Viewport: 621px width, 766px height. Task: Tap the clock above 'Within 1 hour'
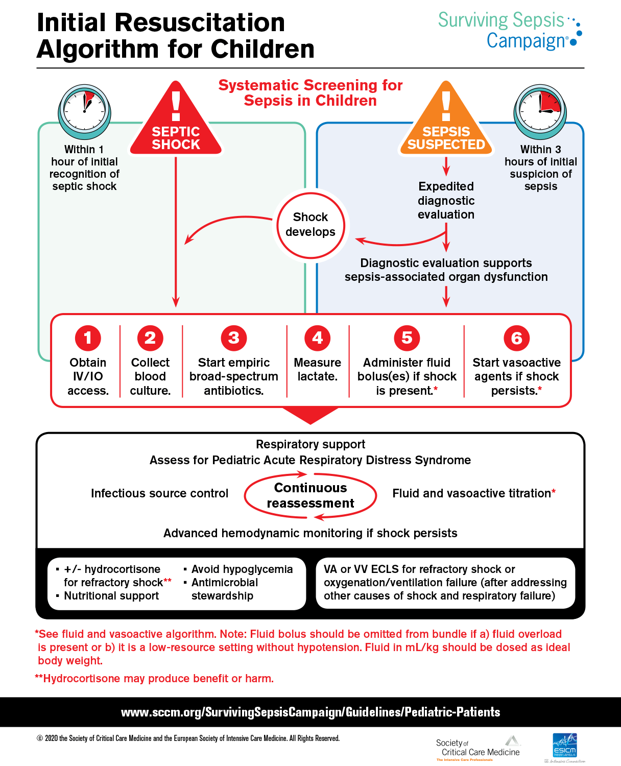(x=84, y=110)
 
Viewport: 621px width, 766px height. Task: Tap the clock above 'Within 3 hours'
(x=540, y=110)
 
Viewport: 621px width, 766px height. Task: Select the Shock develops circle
(x=310, y=225)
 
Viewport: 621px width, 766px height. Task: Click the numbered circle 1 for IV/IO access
(x=88, y=338)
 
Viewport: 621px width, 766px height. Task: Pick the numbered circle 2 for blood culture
(x=150, y=338)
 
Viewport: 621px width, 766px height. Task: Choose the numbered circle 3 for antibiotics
(x=234, y=338)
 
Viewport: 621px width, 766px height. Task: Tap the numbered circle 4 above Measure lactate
(x=318, y=338)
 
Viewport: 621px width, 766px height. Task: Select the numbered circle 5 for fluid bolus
(x=407, y=338)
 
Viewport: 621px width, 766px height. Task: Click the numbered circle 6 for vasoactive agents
(x=516, y=338)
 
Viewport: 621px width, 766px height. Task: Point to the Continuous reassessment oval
(x=310, y=496)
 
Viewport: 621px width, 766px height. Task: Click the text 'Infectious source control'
(x=159, y=493)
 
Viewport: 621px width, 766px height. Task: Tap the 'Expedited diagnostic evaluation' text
(x=446, y=201)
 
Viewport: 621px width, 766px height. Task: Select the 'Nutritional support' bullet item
(x=111, y=596)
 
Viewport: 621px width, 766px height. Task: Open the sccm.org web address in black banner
(x=310, y=712)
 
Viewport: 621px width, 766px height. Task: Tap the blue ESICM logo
(x=564, y=747)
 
